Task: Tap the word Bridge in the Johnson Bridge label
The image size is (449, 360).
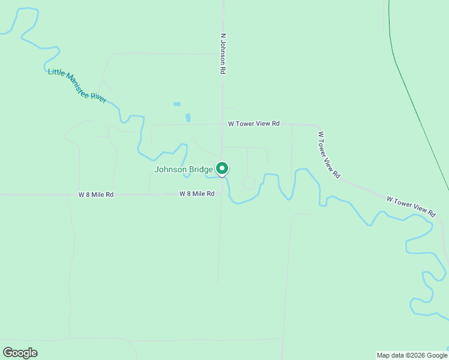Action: point(199,170)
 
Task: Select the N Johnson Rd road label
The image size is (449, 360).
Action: point(223,53)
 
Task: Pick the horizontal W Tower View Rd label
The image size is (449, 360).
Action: point(254,124)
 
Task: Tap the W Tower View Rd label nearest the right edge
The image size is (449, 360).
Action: point(411,206)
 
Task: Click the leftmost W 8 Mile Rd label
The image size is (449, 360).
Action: point(96,195)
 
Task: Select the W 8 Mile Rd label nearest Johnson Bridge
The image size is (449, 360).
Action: point(197,194)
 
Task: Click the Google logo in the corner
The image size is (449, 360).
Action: point(20,353)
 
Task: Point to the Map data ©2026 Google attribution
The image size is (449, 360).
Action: point(412,355)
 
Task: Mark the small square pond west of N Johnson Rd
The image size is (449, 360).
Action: point(177,104)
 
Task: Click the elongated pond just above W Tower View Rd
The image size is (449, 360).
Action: point(188,118)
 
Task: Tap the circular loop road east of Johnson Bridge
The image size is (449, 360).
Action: point(249,182)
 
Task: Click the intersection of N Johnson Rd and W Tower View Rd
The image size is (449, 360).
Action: point(222,124)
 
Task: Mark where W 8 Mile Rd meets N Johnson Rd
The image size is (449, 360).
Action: point(220,194)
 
